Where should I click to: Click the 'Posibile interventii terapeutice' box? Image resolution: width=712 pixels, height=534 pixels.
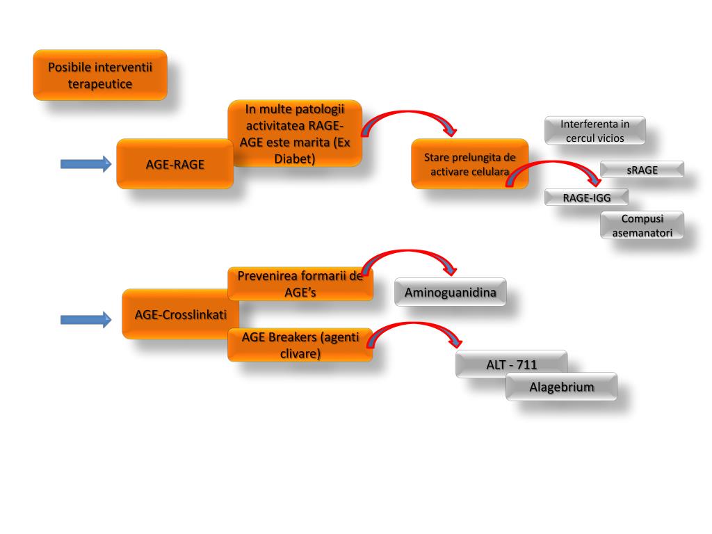[x=100, y=75]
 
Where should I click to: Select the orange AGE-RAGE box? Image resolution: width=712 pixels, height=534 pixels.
[x=175, y=165]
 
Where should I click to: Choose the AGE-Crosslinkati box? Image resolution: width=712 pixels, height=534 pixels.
[x=180, y=314]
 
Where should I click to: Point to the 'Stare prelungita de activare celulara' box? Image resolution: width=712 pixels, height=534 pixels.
[x=469, y=164]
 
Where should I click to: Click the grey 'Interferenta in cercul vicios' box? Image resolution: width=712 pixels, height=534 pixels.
[x=594, y=131]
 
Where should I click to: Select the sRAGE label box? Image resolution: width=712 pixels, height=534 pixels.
[x=642, y=170]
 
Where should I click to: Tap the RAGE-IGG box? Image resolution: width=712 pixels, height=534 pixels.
[x=586, y=197]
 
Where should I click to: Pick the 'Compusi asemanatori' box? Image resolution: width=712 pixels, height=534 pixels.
[x=642, y=226]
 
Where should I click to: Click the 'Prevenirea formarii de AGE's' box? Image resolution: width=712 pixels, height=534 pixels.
[x=300, y=284]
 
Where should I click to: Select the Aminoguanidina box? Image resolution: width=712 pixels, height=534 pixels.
[x=450, y=293]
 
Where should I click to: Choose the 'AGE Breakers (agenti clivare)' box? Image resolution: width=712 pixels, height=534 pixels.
[x=300, y=345]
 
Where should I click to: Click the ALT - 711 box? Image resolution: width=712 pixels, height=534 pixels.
[x=511, y=364]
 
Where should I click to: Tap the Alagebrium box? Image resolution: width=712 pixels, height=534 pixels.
[x=561, y=387]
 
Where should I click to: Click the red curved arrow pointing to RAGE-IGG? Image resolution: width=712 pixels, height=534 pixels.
[x=556, y=167]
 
